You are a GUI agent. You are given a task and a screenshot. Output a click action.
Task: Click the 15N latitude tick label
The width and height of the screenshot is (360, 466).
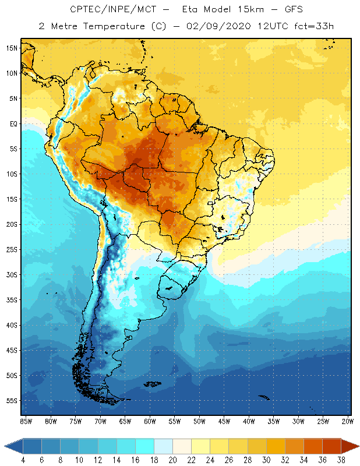click(x=12, y=48)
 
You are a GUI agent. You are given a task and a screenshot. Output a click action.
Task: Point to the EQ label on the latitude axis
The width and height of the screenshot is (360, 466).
click(x=13, y=123)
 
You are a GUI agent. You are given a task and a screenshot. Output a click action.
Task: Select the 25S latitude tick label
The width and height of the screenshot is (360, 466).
click(x=12, y=249)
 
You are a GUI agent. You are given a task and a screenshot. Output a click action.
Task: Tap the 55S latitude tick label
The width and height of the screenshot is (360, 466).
click(x=12, y=401)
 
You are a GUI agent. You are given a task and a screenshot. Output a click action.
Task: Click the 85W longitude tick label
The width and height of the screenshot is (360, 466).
click(x=26, y=421)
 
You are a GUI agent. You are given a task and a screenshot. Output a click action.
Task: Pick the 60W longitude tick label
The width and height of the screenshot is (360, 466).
click(x=150, y=421)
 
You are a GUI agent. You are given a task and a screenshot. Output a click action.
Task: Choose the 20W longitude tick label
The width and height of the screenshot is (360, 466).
click(x=347, y=421)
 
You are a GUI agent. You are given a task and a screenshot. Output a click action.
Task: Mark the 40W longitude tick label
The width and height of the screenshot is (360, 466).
click(x=249, y=421)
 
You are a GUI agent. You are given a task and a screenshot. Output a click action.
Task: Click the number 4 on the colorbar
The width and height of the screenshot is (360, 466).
click(x=23, y=460)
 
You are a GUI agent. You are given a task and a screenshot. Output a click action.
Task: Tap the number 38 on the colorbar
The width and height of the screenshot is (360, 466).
click(x=340, y=460)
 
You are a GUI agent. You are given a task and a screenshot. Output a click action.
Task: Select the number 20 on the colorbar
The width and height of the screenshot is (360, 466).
click(x=172, y=460)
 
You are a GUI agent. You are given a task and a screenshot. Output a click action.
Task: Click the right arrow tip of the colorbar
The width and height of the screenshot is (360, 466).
click(x=358, y=446)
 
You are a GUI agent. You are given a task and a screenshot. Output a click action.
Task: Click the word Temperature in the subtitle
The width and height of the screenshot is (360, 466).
click(x=115, y=26)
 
